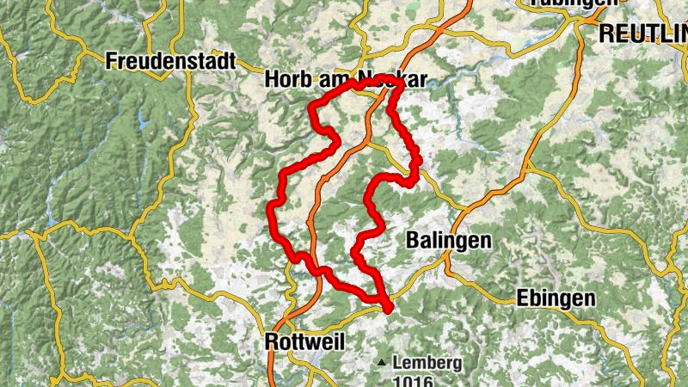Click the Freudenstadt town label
[172, 61]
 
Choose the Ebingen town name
[556, 298]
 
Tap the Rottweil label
[305, 341]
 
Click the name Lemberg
[427, 363]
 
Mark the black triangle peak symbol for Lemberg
[381, 362]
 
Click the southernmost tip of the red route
[388, 308]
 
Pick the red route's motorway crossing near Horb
[378, 95]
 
